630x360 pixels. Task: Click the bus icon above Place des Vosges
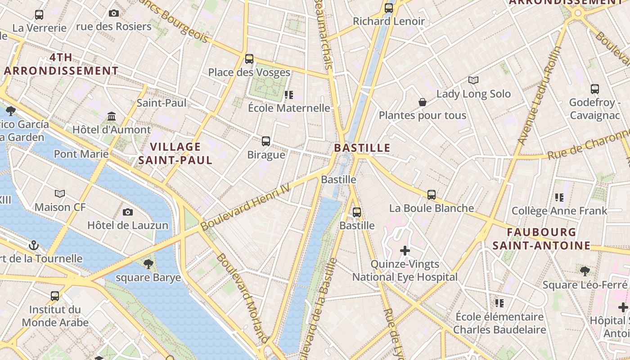(x=249, y=59)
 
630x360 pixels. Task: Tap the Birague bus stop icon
(x=266, y=141)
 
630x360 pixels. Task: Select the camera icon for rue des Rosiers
(x=114, y=13)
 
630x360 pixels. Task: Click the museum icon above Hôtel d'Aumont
(x=112, y=117)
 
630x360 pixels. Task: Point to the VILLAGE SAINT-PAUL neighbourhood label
(x=175, y=153)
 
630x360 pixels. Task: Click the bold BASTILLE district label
(x=362, y=148)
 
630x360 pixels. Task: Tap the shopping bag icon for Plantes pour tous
(x=423, y=102)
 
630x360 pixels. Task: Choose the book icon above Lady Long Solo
(x=473, y=80)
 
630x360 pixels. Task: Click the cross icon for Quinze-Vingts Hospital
(x=405, y=250)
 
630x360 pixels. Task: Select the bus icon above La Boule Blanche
(x=432, y=195)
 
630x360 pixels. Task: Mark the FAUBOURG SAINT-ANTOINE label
(x=541, y=239)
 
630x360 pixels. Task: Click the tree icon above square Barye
(x=148, y=264)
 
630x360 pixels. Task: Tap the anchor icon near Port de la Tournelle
(x=34, y=245)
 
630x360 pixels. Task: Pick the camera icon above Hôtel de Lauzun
(x=128, y=212)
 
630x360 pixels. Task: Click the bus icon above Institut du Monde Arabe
(x=55, y=296)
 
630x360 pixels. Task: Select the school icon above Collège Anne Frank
(x=559, y=197)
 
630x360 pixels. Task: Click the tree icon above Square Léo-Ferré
(x=585, y=271)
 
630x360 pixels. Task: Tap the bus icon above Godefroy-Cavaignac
(x=595, y=89)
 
